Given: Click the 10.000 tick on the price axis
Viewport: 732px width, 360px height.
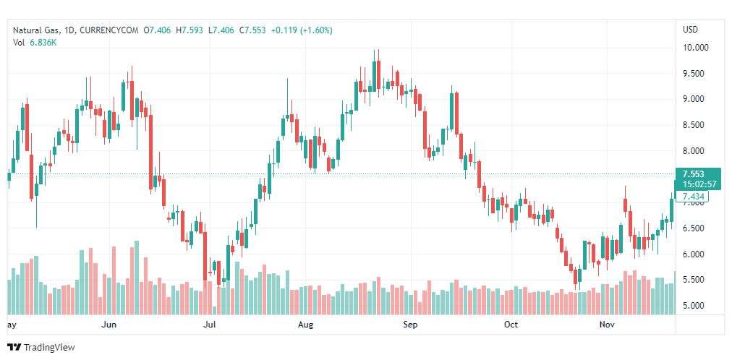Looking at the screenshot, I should point(696,48).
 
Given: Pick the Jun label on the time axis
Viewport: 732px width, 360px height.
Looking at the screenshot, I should point(109,325).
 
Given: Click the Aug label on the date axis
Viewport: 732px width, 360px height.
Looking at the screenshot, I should point(305,325).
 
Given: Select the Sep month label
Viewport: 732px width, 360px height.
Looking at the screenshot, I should point(410,325).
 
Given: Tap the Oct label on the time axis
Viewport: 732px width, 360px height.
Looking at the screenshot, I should point(511,325).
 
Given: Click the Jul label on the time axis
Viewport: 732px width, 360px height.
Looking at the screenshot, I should point(210,325).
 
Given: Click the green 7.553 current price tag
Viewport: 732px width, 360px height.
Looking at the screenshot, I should point(694,173).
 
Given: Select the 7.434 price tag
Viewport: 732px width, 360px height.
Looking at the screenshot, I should point(694,197).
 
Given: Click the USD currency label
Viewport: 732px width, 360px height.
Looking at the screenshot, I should point(691,30).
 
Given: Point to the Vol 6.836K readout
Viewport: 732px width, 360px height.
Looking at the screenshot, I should point(35,43).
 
